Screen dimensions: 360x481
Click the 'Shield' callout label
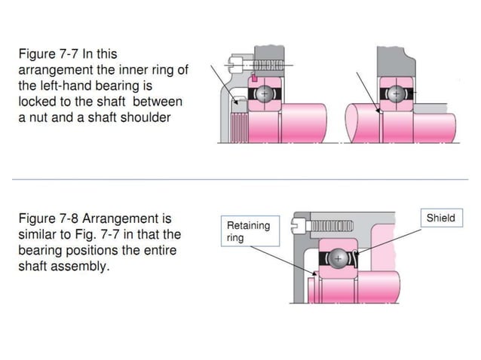[x=441, y=218]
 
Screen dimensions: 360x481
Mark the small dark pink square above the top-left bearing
[x=256, y=78]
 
